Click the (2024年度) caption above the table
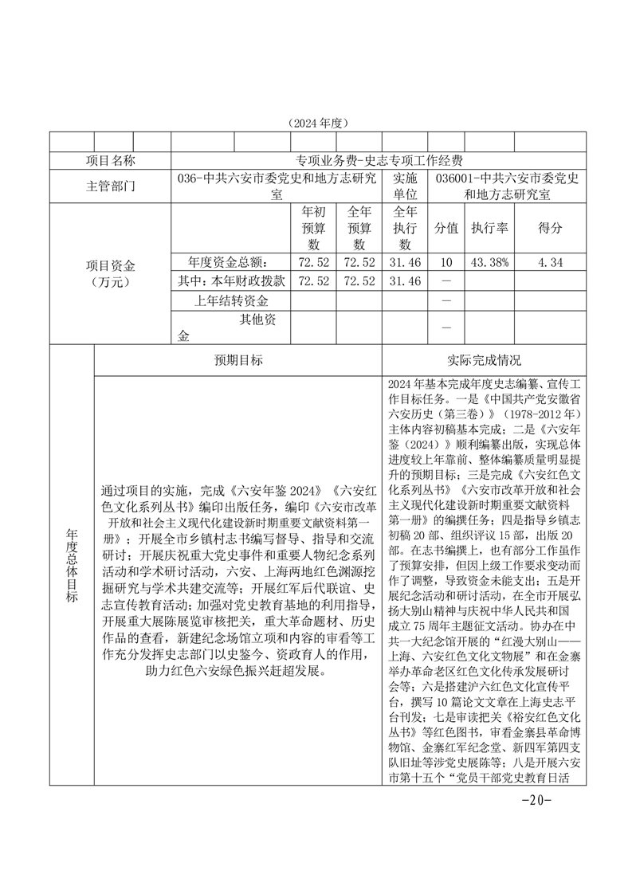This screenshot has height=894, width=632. pos(316,124)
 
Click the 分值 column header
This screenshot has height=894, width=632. pos(446,228)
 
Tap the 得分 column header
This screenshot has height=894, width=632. pos(550,228)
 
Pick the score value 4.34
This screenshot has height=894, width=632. pos(550,261)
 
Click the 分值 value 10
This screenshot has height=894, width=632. pos(446,261)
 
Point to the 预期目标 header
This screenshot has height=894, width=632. pos(237,360)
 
